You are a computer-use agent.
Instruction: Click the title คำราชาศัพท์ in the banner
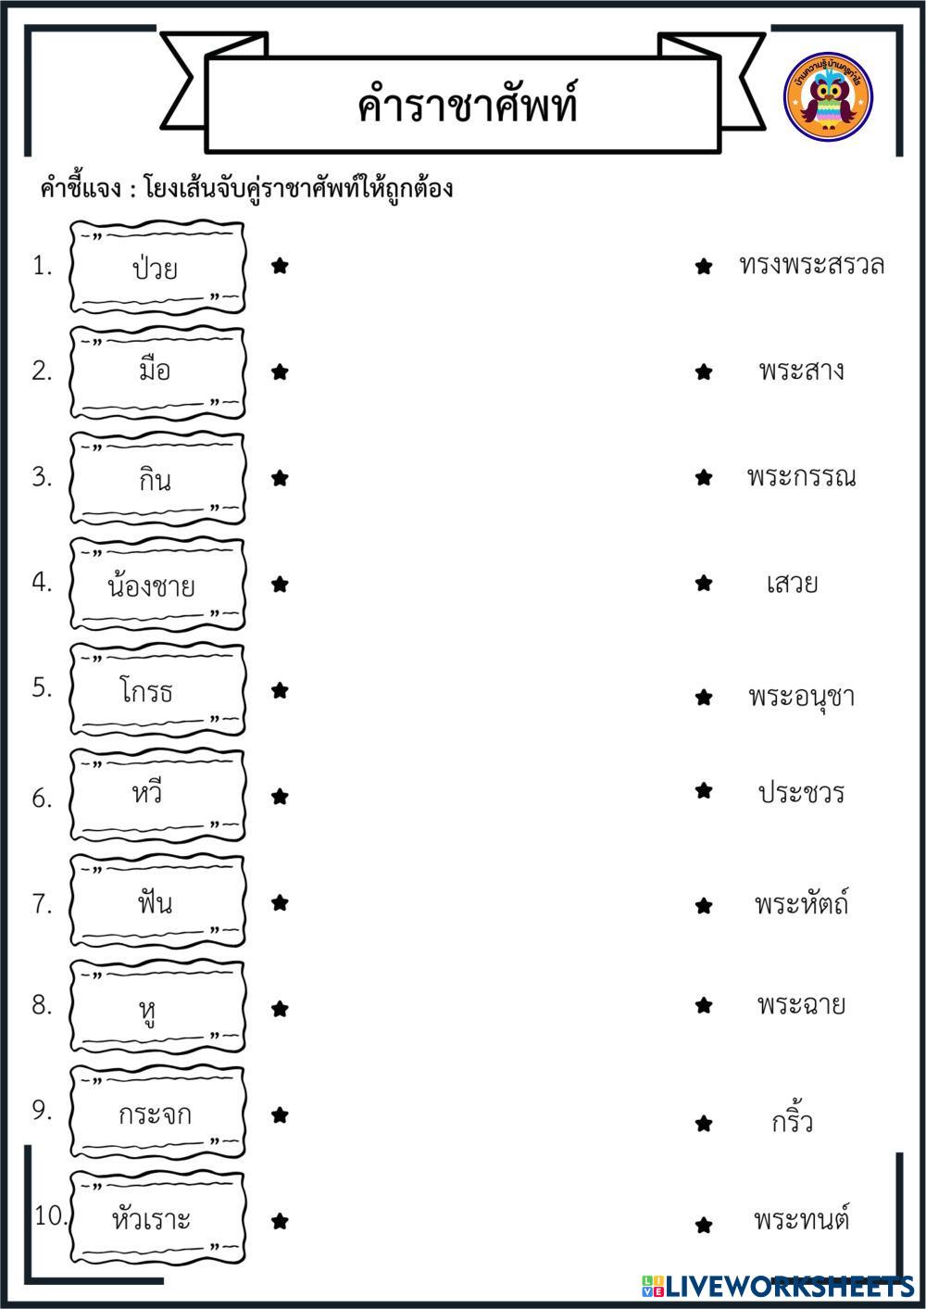[x=467, y=105]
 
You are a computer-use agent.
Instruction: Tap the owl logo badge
[x=828, y=97]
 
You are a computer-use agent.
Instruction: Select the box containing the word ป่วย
[x=157, y=268]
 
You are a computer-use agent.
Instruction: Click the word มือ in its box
[x=154, y=371]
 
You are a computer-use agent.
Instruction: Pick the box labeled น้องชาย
[x=152, y=585]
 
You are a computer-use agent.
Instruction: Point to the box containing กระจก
[x=155, y=1113]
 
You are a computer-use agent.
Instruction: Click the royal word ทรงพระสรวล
[x=811, y=265]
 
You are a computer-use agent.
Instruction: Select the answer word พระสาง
[x=801, y=371]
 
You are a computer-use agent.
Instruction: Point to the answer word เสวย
[x=792, y=584]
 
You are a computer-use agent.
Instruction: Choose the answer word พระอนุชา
[x=801, y=696]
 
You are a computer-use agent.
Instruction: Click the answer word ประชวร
[x=800, y=792]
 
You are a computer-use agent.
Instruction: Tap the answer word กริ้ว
[x=792, y=1122]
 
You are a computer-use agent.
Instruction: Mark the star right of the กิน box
[x=280, y=478]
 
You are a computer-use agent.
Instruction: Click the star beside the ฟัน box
[x=280, y=902]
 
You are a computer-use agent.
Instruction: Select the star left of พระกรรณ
[x=704, y=477]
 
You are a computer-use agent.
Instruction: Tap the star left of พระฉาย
[x=704, y=1004]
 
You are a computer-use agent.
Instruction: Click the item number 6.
[x=42, y=798]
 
